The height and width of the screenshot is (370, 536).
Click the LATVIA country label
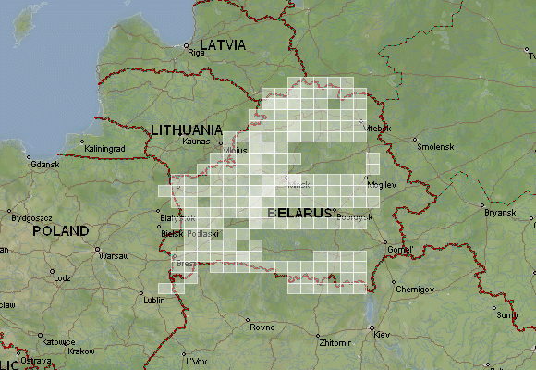[x=223, y=43]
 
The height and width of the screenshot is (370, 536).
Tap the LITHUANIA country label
[x=187, y=129]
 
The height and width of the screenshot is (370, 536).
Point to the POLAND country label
[x=61, y=230]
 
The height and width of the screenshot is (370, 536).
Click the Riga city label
[x=196, y=53]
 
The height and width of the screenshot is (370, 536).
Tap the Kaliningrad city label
[x=104, y=148]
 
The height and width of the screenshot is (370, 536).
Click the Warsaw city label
[x=114, y=255]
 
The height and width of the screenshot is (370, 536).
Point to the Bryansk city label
[x=500, y=212]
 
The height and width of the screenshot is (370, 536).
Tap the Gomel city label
[x=401, y=250]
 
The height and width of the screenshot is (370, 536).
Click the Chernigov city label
[x=414, y=289]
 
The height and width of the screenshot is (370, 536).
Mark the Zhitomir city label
[x=334, y=342]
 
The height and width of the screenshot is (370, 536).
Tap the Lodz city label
[x=62, y=277]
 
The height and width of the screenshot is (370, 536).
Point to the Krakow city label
[x=81, y=351]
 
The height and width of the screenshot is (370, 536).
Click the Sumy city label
[x=508, y=315]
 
